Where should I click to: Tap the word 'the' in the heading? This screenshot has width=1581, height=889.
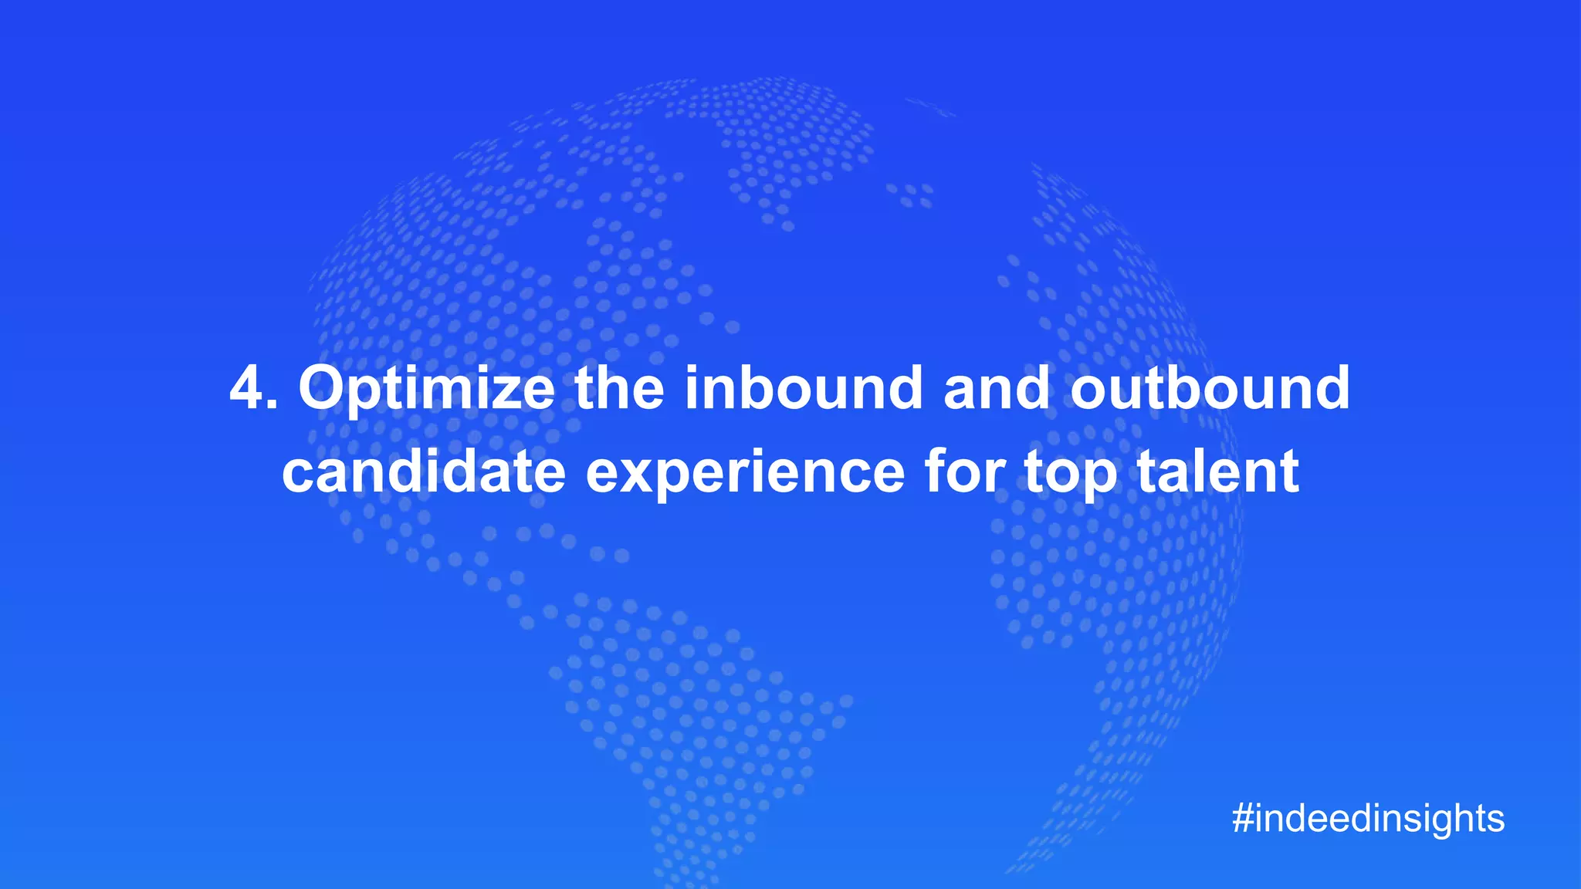pyautogui.click(x=619, y=388)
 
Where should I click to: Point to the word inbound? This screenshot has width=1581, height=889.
pyautogui.click(x=804, y=388)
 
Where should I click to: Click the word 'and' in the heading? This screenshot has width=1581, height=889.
pyautogui.click(x=997, y=388)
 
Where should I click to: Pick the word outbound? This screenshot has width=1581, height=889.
pyautogui.click(x=1210, y=388)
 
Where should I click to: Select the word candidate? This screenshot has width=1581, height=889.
pyautogui.click(x=424, y=472)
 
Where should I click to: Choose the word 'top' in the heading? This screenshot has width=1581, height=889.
pyautogui.click(x=1070, y=473)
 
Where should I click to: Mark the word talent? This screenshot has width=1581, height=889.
pyautogui.click(x=1218, y=472)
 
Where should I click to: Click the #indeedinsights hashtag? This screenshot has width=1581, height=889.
pyautogui.click(x=1368, y=818)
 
